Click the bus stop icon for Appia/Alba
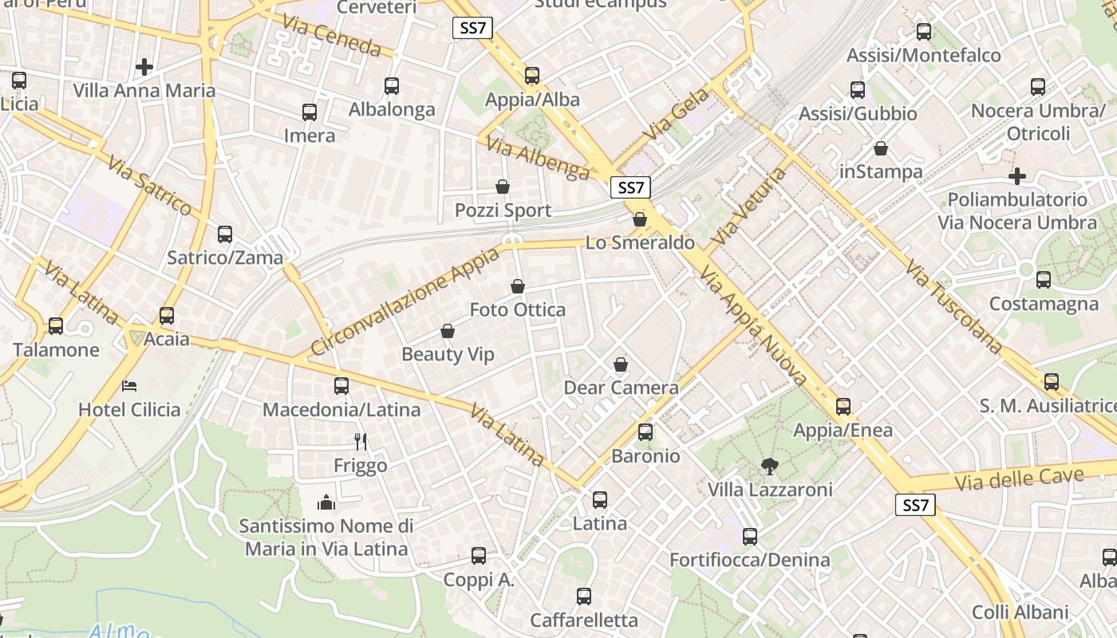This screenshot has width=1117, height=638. click(532, 76)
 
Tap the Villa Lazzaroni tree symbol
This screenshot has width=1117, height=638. click(769, 466)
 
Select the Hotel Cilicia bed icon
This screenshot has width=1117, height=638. click(129, 386)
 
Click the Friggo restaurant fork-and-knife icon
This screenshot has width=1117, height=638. click(361, 440)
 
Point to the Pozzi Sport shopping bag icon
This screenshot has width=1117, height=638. click(503, 187)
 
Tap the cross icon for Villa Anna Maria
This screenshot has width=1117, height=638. click(144, 66)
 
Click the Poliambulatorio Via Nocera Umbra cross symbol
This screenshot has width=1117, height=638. click(1016, 175)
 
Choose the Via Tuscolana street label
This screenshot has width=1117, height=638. click(953, 306)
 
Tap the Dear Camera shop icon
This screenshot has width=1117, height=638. click(621, 364)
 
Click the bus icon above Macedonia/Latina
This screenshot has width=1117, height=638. click(341, 386)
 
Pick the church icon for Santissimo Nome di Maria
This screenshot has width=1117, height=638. click(326, 502)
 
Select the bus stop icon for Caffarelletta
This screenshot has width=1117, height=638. click(584, 597)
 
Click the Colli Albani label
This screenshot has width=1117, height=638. click(1020, 612)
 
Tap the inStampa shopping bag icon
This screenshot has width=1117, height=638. click(881, 148)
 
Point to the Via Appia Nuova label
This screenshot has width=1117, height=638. click(754, 327)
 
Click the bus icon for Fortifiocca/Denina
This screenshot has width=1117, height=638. click(750, 537)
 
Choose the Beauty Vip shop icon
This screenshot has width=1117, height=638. click(448, 330)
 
